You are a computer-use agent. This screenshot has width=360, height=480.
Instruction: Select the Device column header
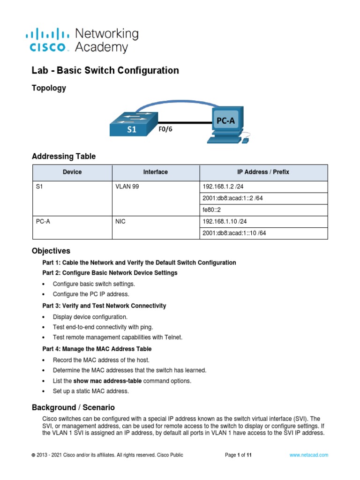click(72, 172)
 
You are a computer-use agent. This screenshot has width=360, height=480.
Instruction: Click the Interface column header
click(155, 172)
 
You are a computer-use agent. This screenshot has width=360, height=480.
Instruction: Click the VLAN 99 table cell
click(127, 186)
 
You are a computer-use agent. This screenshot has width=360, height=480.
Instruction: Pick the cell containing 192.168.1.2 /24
click(220, 186)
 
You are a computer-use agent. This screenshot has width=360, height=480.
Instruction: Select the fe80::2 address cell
click(212, 210)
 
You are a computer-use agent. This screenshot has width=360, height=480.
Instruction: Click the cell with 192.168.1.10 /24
click(222, 222)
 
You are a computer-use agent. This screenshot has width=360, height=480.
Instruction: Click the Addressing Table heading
click(63, 157)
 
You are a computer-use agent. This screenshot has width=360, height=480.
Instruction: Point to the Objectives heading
click(51, 251)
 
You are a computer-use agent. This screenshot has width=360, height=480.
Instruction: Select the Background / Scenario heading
click(73, 407)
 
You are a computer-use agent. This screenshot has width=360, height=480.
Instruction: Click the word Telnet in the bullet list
click(172, 337)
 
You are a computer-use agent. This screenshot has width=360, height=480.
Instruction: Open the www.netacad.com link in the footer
click(308, 455)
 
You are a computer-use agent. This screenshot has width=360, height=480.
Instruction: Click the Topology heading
click(48, 88)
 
